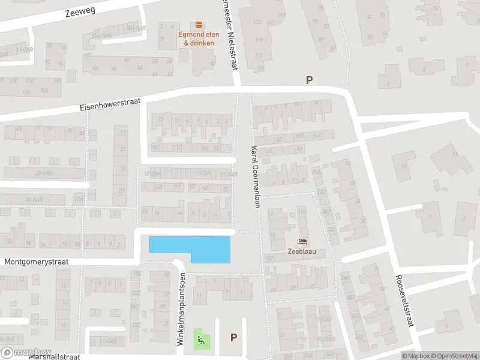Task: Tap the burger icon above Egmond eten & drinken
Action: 199,25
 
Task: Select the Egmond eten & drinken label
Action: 199,38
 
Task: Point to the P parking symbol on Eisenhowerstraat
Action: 310,80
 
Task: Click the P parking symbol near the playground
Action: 233,338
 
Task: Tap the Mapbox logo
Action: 26,353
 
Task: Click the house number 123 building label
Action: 258,22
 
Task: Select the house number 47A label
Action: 78,199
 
